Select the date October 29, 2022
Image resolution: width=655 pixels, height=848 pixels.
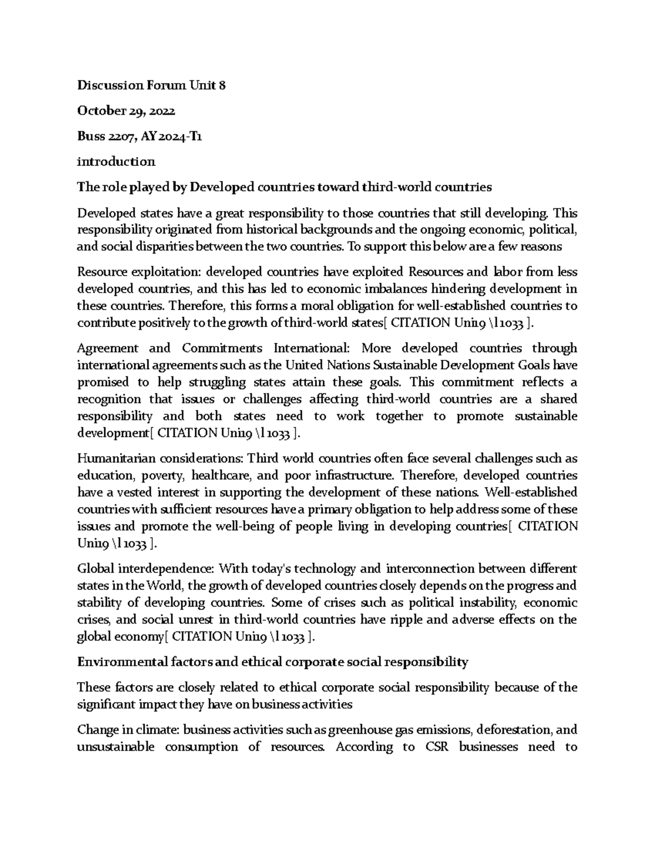click(126, 111)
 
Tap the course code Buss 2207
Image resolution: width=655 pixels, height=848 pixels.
click(107, 137)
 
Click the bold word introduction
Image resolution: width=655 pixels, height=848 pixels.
click(116, 162)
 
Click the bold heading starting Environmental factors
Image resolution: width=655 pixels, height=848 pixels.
click(272, 662)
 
